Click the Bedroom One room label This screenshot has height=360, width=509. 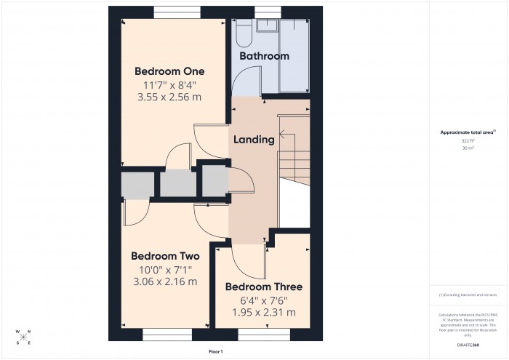[169, 71]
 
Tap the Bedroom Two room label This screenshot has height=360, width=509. [164, 256]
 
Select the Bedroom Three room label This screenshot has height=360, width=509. [263, 287]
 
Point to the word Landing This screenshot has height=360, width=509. [254, 139]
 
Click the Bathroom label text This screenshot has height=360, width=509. [265, 56]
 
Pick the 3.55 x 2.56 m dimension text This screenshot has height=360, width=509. [169, 97]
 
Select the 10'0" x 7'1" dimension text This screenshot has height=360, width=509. [164, 269]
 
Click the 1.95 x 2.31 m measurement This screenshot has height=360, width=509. [263, 312]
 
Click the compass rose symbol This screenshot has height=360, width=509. [23, 337]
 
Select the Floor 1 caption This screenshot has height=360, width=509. [215, 351]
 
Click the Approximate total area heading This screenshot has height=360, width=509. [467, 132]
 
